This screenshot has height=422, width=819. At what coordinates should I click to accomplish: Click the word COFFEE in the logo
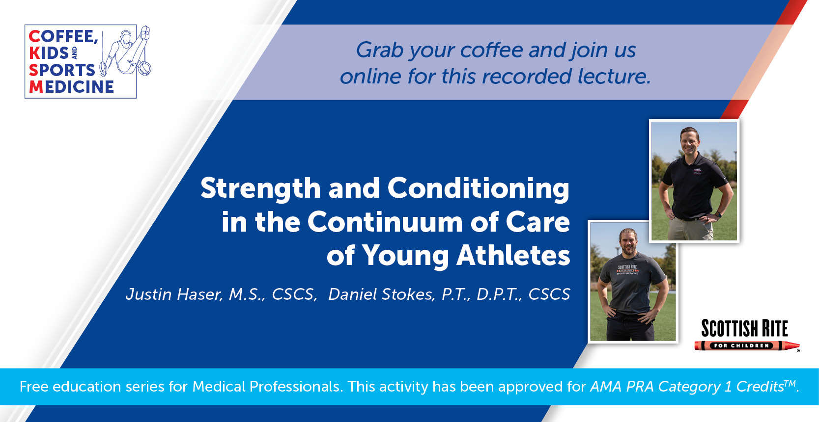tap(63, 37)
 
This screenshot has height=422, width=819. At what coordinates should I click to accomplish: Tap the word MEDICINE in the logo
tap(72, 87)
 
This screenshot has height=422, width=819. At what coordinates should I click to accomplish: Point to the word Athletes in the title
tap(513, 256)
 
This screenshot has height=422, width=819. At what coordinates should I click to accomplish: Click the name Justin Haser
tap(173, 294)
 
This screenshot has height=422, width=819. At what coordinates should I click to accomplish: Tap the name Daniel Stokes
tap(380, 294)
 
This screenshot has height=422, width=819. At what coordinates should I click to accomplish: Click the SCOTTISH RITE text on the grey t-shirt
tap(627, 267)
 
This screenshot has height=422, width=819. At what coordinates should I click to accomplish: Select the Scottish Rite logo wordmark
tap(744, 328)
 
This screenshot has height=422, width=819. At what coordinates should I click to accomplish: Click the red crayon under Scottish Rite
tap(746, 346)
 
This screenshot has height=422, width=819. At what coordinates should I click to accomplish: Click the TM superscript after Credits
tap(789, 383)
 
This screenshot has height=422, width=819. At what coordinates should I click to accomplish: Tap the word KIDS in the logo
tap(49, 53)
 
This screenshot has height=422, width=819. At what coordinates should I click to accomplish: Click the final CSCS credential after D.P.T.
tap(549, 294)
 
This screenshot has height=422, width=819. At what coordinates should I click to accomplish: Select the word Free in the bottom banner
tap(34, 387)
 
